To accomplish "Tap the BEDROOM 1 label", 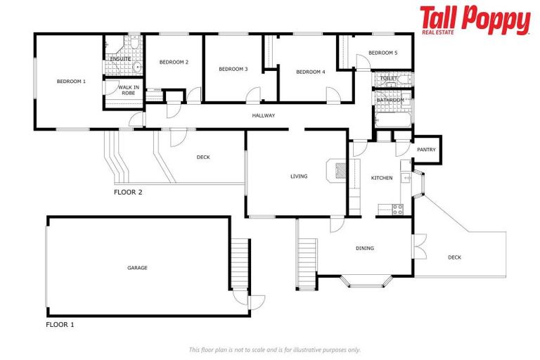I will [71, 82].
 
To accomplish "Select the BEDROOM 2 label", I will [174, 63].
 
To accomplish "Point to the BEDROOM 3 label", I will [233, 69].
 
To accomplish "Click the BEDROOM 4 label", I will [310, 72].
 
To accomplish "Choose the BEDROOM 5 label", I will [382, 53].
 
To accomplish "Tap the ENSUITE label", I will [120, 59].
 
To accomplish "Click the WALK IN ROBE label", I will [128, 90].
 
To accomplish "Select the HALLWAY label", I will [264, 115].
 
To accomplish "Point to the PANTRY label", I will [426, 150].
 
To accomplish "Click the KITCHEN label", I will [382, 178].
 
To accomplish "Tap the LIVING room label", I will [299, 176].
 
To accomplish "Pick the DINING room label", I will [364, 248].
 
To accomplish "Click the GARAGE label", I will [137, 267].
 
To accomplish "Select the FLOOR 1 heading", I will [60, 325].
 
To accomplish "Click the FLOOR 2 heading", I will [128, 192].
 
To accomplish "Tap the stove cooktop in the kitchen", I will [397, 209].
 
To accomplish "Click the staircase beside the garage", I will [240, 264].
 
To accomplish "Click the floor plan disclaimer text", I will [274, 349].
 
